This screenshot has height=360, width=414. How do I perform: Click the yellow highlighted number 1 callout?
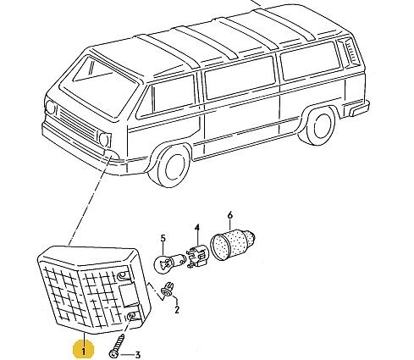point(83,349)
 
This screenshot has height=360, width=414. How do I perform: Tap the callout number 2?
point(177,309)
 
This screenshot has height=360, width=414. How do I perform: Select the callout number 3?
point(138,355)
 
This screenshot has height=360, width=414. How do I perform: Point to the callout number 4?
point(197,228)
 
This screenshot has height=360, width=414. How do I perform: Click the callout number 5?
point(163,238)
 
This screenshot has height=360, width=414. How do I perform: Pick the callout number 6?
point(230,215)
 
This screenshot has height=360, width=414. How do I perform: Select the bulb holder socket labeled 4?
point(196,257)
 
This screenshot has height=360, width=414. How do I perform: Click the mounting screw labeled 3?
point(117,346)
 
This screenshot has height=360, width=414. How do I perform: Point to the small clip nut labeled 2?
point(167,290)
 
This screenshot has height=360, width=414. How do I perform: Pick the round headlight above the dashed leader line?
point(105,139)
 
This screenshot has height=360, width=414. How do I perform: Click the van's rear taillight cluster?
point(350,52)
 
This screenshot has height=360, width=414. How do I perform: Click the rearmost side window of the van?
point(310,60)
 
